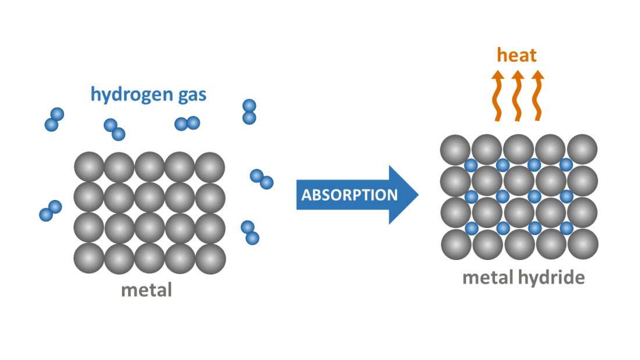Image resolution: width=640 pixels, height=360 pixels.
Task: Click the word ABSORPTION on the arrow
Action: click(x=349, y=194)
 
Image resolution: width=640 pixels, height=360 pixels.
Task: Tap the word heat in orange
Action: click(x=517, y=55)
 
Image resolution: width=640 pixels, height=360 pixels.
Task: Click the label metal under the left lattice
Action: click(x=147, y=289)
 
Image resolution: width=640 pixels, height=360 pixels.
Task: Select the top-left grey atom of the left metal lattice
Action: click(x=89, y=167)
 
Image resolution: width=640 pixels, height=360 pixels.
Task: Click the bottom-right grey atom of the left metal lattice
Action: click(x=210, y=258)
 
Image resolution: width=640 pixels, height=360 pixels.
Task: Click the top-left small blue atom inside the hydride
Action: click(x=471, y=165)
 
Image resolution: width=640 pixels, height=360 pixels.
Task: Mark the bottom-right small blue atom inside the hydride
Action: click(x=566, y=228)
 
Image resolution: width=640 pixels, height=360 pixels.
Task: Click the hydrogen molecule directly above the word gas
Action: click(x=187, y=123)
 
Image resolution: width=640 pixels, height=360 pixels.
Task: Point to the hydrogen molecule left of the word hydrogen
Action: click(x=54, y=119)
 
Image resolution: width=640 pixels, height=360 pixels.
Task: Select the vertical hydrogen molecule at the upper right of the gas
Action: click(x=249, y=112)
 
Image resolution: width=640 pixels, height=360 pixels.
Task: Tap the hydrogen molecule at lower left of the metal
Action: click(x=50, y=211)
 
